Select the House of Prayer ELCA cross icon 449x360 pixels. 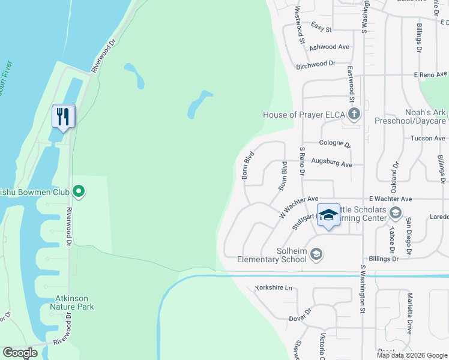click(x=354, y=114)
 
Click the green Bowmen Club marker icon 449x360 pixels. click(x=78, y=192)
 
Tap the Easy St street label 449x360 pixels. click(x=322, y=25)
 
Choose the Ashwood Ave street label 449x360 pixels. click(x=330, y=47)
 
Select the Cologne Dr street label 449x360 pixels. click(x=335, y=143)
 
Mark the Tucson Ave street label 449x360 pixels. click(x=427, y=138)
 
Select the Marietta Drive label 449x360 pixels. click(x=410, y=317)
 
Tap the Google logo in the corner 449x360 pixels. click(x=20, y=353)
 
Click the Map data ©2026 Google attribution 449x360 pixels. click(x=412, y=355)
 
